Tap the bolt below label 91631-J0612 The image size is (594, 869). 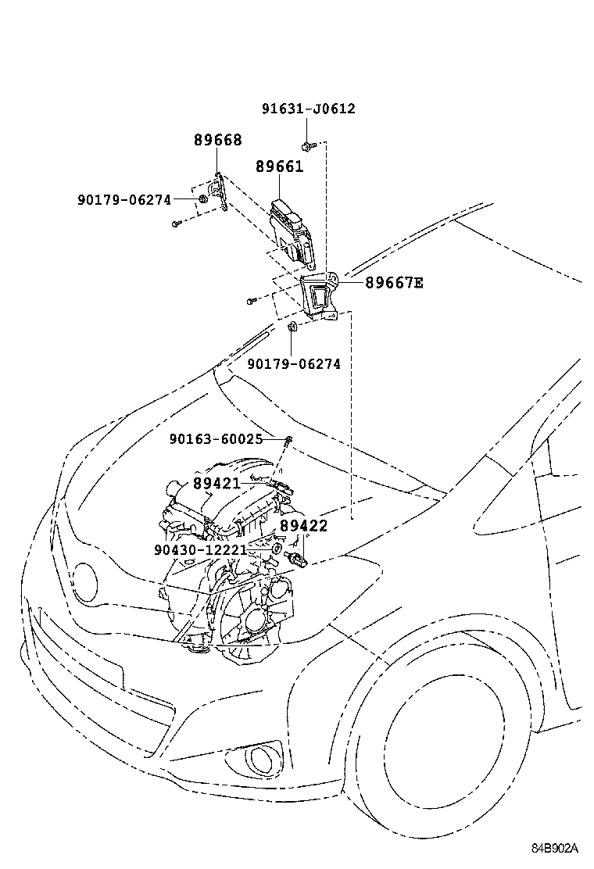click(306, 145)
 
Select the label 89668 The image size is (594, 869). click(217, 141)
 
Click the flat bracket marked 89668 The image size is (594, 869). click(221, 193)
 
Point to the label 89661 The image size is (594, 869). click(279, 166)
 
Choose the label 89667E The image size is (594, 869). click(394, 283)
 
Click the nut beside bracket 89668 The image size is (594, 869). click(202, 199)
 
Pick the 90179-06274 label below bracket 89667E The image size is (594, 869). click(294, 364)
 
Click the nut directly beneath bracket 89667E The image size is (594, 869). click(292, 327)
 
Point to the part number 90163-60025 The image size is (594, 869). click(216, 439)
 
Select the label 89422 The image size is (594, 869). click(303, 526)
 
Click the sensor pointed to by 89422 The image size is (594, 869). click(298, 558)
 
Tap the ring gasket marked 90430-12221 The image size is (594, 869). click(276, 549)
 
